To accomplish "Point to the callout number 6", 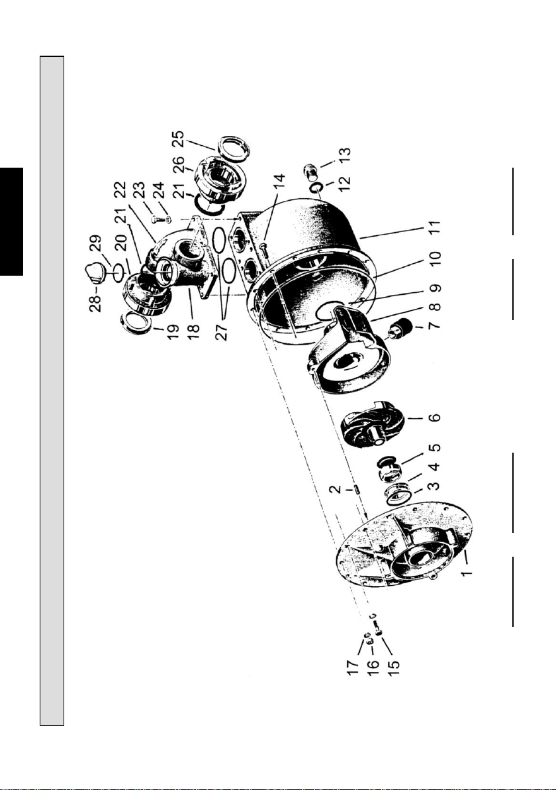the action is [436, 418].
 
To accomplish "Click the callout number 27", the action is [222, 331].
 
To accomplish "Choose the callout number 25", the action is [178, 140].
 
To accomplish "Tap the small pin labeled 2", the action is [355, 488].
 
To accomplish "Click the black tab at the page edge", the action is [11, 221].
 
